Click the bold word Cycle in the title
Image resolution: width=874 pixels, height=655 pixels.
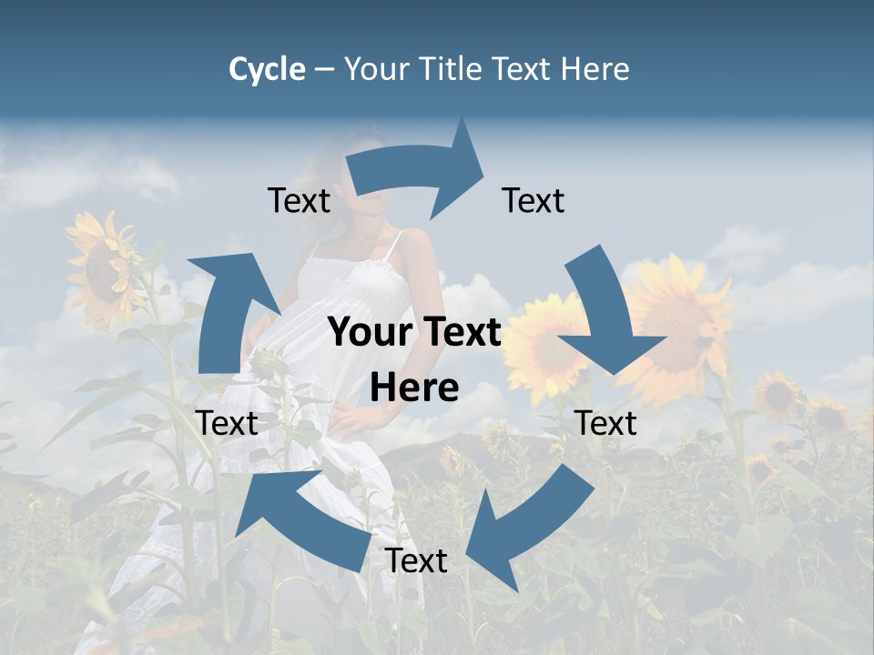(267, 69)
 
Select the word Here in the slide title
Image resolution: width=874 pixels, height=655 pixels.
(595, 69)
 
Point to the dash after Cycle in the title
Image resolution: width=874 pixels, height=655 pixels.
(324, 69)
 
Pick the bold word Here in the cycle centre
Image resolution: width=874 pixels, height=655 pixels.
(414, 388)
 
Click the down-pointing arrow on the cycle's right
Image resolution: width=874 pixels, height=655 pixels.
(606, 314)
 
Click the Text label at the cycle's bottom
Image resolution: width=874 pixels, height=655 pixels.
(416, 561)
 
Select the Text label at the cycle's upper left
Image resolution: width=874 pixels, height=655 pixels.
(300, 201)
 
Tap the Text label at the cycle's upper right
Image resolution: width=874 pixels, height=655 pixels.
(534, 201)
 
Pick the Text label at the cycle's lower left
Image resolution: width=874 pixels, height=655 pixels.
(227, 423)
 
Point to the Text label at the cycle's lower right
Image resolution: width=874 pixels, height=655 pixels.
(606, 423)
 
